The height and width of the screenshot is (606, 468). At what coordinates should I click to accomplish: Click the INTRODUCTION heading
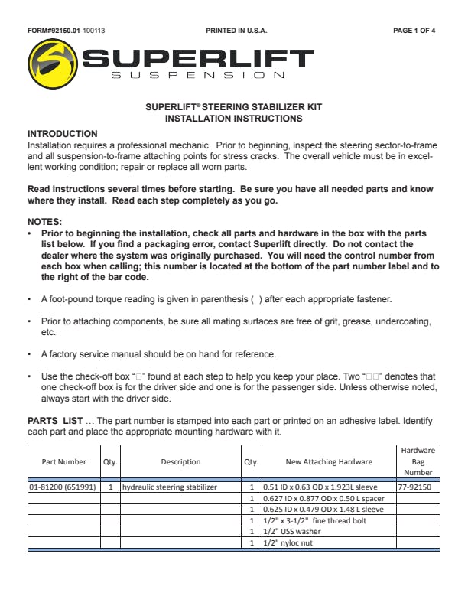[63, 134]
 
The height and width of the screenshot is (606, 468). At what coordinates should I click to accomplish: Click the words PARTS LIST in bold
[54, 421]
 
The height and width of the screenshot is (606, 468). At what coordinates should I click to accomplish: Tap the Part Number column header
[63, 462]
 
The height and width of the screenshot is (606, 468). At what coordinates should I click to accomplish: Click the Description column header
[180, 462]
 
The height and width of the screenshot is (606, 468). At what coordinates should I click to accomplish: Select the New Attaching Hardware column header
[329, 462]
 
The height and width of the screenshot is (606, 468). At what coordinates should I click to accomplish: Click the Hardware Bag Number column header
[418, 461]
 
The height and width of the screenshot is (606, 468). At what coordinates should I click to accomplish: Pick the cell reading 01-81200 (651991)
[63, 487]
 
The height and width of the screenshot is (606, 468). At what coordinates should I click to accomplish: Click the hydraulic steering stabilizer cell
[170, 487]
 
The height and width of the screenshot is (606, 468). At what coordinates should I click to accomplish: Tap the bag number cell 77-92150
[414, 487]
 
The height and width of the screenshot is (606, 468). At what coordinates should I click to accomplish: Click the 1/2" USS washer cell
[293, 532]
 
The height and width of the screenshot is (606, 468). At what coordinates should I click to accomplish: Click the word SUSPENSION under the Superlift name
[198, 76]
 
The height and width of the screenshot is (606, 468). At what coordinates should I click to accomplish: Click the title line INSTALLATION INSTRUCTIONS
[233, 119]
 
